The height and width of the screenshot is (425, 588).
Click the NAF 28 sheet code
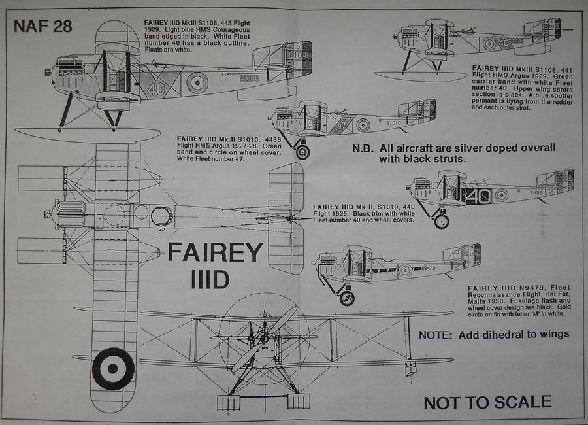tap(42, 27)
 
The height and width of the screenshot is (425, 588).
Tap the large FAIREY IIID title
tap(215, 264)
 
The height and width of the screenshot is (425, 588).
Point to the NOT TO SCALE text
tap(487, 401)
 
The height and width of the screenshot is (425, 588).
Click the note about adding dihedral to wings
tap(494, 334)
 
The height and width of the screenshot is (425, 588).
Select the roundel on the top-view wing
tap(113, 368)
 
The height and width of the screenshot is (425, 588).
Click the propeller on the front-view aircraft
tap(265, 338)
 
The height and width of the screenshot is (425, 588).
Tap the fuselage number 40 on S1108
tap(155, 88)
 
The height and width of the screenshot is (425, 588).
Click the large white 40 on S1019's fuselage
tap(479, 195)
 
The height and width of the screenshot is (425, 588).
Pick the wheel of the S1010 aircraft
tap(302, 152)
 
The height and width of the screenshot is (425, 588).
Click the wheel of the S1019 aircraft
tap(442, 221)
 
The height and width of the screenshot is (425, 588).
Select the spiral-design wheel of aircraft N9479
tap(347, 298)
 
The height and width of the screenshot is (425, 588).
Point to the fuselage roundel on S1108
tap(197, 83)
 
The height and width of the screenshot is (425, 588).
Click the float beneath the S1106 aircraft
tap(421, 76)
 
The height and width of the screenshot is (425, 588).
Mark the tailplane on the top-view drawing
tap(286, 218)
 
